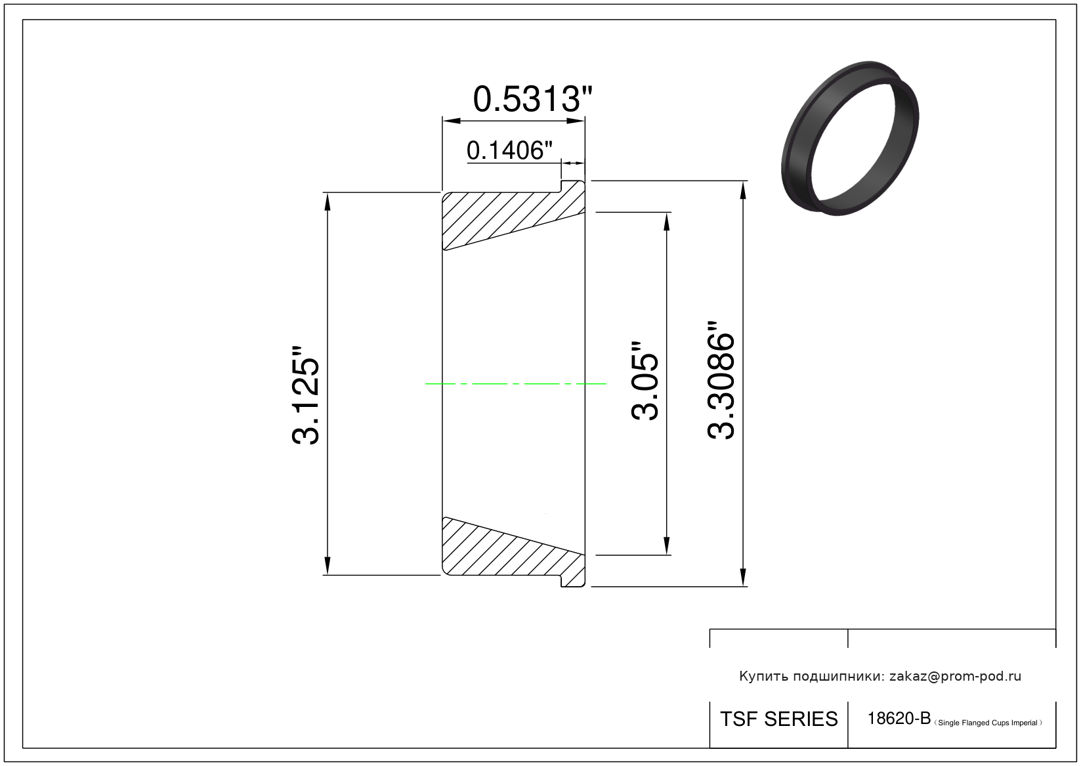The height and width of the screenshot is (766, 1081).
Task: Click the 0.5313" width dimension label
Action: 532,99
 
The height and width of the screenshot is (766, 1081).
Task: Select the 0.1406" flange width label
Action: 509,150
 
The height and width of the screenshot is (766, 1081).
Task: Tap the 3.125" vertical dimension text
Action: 305,395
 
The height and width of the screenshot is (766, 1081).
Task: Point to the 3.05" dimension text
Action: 645,381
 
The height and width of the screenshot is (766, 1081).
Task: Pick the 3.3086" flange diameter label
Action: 721,381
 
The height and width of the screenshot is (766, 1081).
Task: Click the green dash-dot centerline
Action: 515,384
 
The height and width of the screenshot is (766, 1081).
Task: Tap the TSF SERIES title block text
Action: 779,719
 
